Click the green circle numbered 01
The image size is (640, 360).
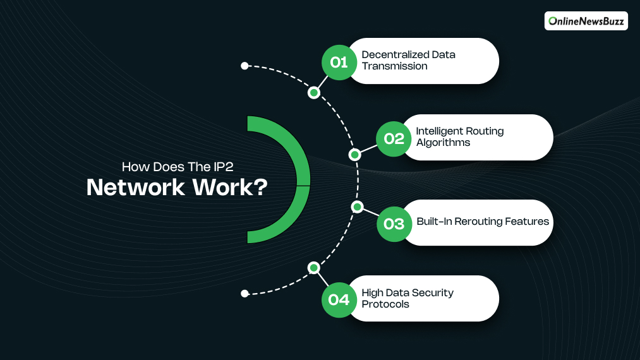(x=339, y=62)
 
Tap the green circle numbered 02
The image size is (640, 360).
(x=394, y=138)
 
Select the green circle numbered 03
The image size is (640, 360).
(x=394, y=224)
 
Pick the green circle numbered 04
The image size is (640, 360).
(x=339, y=299)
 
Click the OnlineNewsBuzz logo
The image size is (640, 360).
(x=586, y=21)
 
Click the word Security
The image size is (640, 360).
(x=433, y=293)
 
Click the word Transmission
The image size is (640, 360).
(x=394, y=66)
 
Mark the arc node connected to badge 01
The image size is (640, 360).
(x=314, y=93)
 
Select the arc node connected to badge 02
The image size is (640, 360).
(x=355, y=154)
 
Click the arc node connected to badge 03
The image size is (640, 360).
(x=357, y=207)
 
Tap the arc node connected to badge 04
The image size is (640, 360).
(x=314, y=268)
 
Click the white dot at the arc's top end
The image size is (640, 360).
(x=245, y=66)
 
